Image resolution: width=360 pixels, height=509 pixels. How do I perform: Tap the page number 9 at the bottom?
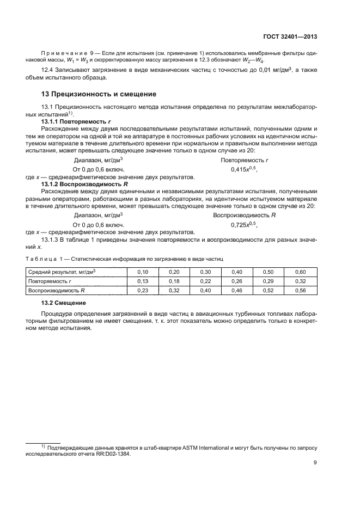[x=315, y=463]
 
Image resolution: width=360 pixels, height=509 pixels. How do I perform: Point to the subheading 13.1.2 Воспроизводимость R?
[x=82, y=185]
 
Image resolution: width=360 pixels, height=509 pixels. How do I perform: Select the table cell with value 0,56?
[x=300, y=291]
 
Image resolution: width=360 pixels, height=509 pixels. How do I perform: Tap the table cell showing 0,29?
[x=269, y=281]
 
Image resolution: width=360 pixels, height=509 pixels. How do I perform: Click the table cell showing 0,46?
[x=237, y=291]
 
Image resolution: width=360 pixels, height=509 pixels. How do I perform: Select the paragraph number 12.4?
[x=47, y=69]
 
